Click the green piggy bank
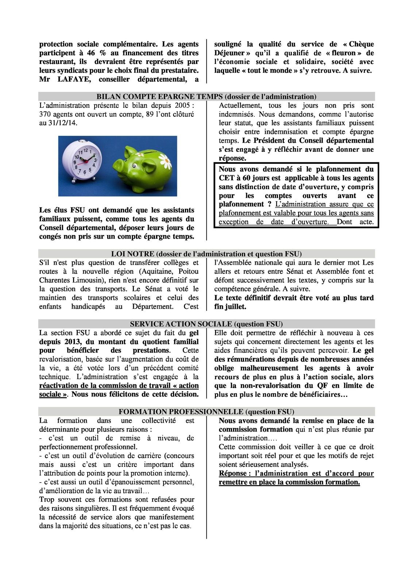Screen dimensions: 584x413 coord(146,168)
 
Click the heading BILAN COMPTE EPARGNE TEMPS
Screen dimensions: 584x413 coord(160,97)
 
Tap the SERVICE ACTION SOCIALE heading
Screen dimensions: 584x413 coord(181,324)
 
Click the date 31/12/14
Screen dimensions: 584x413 coord(62,123)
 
